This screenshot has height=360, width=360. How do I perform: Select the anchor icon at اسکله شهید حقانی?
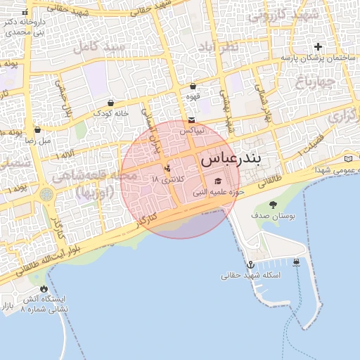click(x=249, y=265)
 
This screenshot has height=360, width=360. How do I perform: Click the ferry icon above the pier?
click(x=296, y=263)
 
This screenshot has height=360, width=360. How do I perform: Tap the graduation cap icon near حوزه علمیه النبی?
click(x=217, y=181)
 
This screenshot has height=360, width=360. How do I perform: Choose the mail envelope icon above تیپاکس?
click(x=192, y=120)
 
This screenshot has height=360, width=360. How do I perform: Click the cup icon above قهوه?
click(x=193, y=86)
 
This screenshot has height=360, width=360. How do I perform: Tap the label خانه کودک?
click(x=111, y=113)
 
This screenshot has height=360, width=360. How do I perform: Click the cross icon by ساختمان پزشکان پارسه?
click(x=318, y=46)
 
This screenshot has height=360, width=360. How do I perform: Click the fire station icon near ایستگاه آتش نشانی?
click(x=44, y=288)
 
